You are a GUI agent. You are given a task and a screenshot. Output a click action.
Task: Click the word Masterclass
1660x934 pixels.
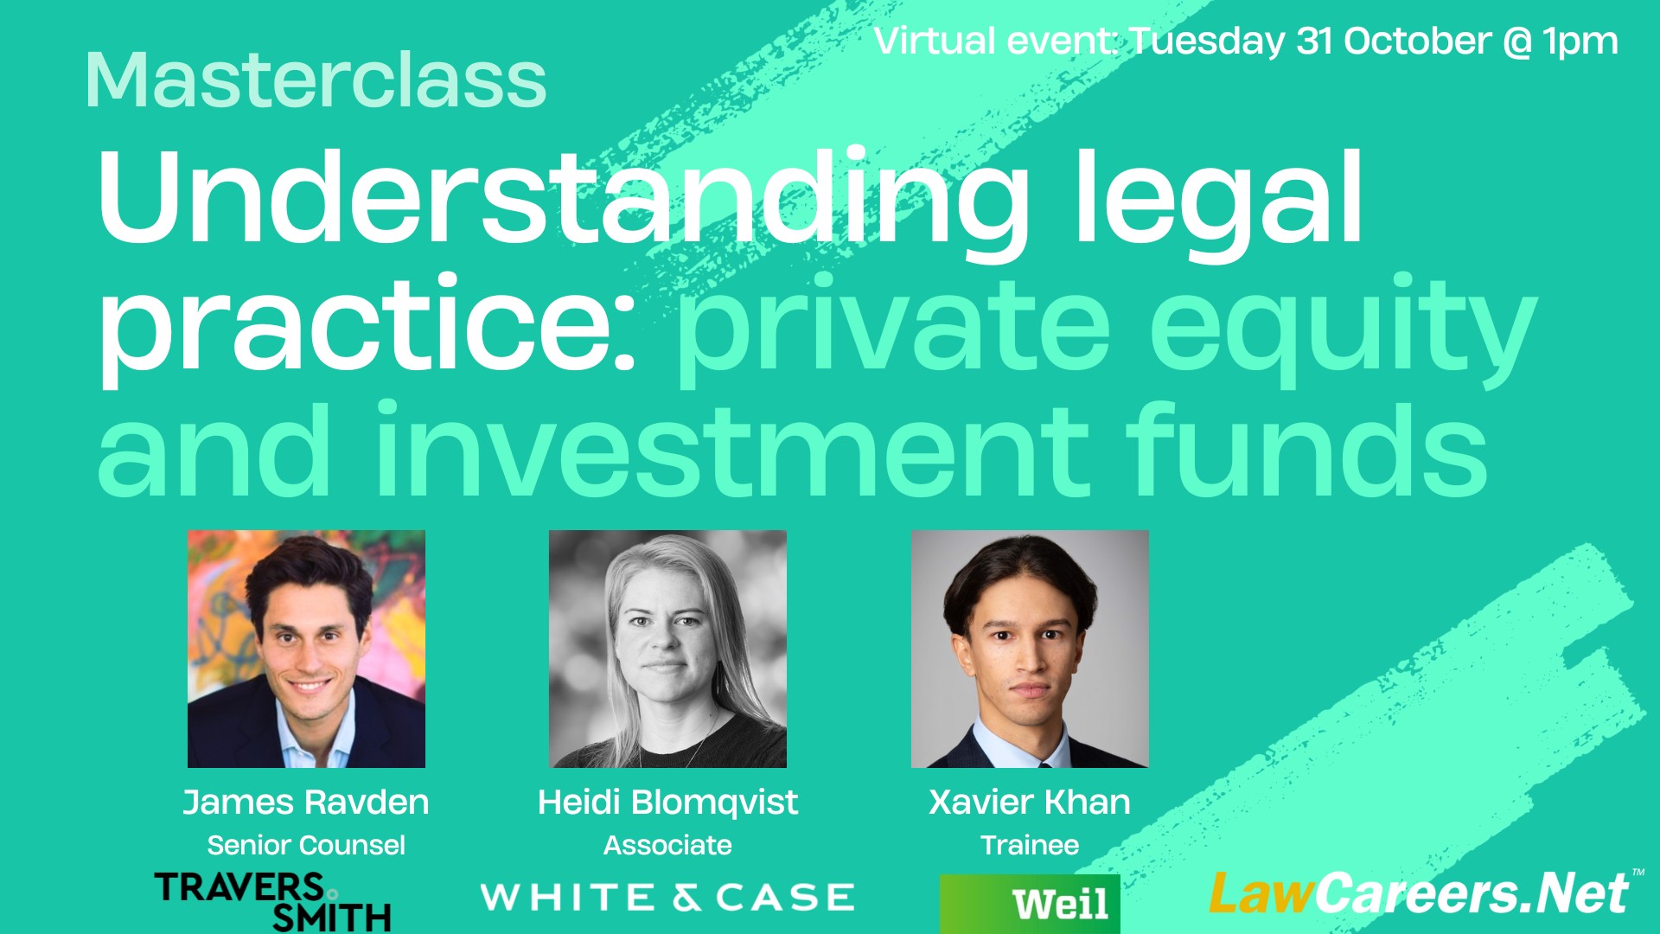pyautogui.click(x=316, y=80)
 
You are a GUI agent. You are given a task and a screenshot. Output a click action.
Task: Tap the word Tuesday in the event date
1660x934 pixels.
pyautogui.click(x=1207, y=42)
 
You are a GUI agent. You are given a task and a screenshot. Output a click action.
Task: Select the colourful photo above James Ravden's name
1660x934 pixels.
pyautogui.click(x=306, y=649)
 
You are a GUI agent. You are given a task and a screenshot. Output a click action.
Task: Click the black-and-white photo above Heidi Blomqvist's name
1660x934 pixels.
pyautogui.click(x=667, y=649)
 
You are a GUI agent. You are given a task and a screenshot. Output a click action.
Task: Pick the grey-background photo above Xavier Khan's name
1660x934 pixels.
pyautogui.click(x=1030, y=649)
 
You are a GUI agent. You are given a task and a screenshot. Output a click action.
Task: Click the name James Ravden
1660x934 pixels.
pyautogui.click(x=306, y=803)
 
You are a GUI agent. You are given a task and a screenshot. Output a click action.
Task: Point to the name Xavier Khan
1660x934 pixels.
pyautogui.click(x=1030, y=803)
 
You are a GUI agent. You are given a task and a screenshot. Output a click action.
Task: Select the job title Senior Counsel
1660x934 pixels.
pyautogui.click(x=306, y=845)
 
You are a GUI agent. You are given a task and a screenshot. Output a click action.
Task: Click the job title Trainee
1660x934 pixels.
pyautogui.click(x=1030, y=845)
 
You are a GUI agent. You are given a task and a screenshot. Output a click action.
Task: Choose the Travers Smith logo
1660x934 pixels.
pyautogui.click(x=273, y=902)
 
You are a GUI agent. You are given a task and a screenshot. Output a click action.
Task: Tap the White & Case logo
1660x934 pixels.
pyautogui.click(x=667, y=898)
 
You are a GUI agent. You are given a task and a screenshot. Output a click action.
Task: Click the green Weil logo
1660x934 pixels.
pyautogui.click(x=1030, y=904)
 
